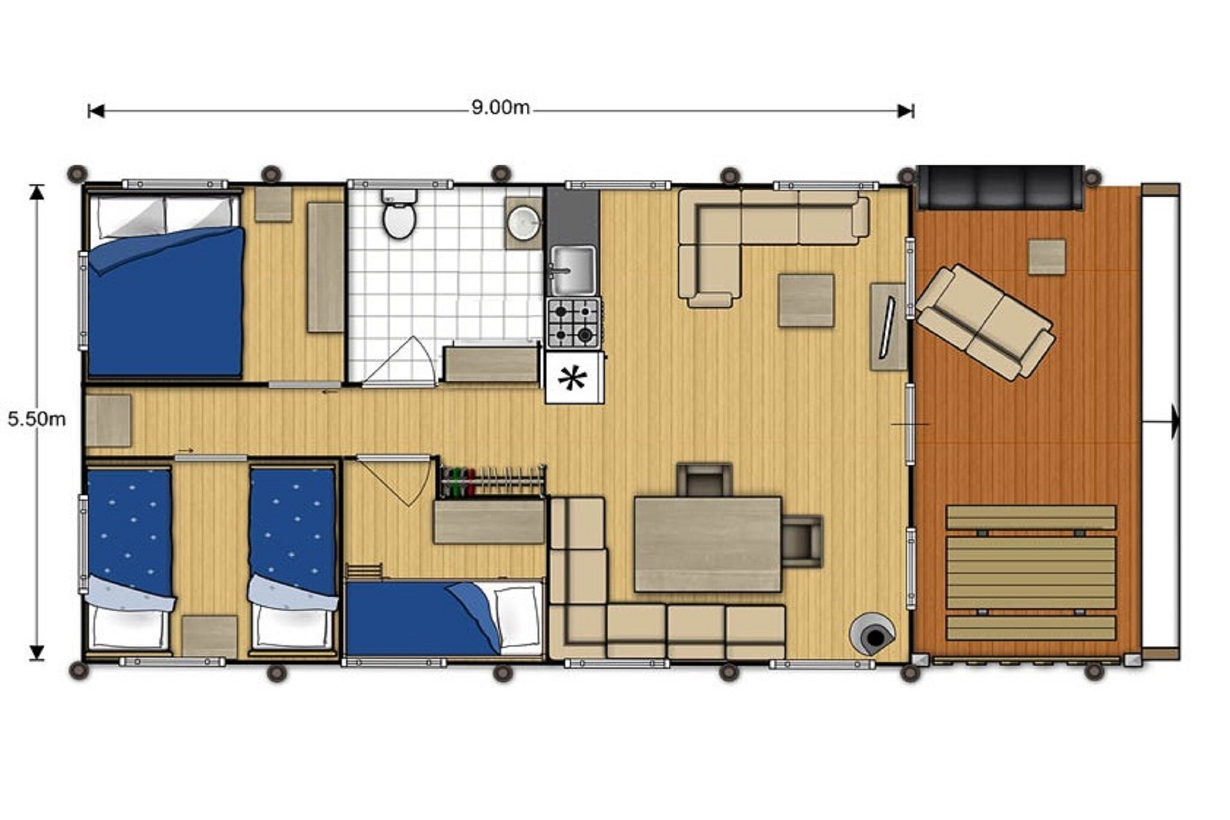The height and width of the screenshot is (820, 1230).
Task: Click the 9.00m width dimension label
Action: pyautogui.click(x=500, y=108)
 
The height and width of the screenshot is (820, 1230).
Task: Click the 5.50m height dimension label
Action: pyautogui.click(x=37, y=419)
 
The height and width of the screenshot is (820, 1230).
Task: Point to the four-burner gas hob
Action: pyautogui.click(x=574, y=323)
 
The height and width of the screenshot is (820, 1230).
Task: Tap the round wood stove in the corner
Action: pyautogui.click(x=872, y=634)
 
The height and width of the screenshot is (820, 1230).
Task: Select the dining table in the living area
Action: pyautogui.click(x=708, y=544)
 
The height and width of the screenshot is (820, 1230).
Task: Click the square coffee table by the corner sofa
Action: pyautogui.click(x=806, y=300)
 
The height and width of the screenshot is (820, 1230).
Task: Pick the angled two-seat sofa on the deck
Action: pyautogui.click(x=985, y=322)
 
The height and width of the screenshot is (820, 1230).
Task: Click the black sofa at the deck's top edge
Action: pyautogui.click(x=1001, y=187)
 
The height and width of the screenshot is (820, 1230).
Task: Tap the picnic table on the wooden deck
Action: pyautogui.click(x=1031, y=572)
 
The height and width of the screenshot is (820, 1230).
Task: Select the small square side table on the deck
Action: pyautogui.click(x=1047, y=257)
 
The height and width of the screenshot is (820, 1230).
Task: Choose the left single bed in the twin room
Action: pyautogui.click(x=129, y=558)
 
